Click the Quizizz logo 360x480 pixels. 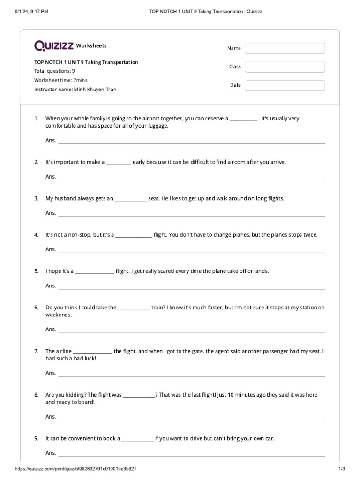point(54,45)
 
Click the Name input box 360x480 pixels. point(285,48)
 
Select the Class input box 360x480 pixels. point(285,67)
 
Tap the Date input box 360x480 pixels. point(285,85)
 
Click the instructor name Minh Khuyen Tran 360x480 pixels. point(95,89)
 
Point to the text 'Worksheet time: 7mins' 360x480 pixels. point(61,80)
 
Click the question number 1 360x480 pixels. point(36,119)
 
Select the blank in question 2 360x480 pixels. point(119,163)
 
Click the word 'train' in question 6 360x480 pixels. point(157,307)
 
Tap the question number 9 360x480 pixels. point(36,438)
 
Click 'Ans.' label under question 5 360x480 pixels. point(51,285)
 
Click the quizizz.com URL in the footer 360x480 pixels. point(76,469)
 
